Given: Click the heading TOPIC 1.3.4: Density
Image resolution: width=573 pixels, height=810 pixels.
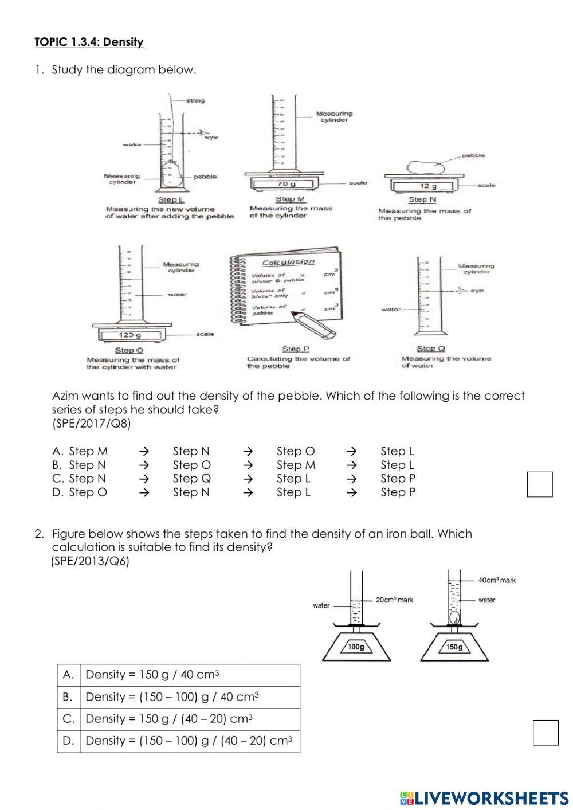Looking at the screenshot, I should [x=89, y=42].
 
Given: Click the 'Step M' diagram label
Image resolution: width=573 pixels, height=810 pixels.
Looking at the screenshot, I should [x=291, y=199].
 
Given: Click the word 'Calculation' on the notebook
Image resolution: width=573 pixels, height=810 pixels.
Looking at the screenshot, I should [x=288, y=262].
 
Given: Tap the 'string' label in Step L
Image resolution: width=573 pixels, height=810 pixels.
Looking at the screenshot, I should [x=195, y=100].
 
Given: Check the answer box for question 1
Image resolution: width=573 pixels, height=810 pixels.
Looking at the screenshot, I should [x=540, y=484].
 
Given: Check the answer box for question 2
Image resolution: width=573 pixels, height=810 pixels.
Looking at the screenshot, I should [x=545, y=733].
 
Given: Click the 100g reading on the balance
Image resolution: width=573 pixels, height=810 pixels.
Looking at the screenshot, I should [x=356, y=647].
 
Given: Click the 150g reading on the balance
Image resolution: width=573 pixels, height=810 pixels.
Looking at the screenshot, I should [x=454, y=647].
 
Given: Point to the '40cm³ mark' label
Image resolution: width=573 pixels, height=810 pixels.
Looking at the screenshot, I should [x=497, y=580].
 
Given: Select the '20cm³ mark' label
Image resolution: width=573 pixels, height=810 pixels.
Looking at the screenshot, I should [x=394, y=600].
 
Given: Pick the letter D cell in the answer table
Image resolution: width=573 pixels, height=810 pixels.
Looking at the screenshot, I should [x=69, y=741].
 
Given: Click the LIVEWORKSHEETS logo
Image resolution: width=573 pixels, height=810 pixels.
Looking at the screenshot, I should [x=484, y=797].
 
